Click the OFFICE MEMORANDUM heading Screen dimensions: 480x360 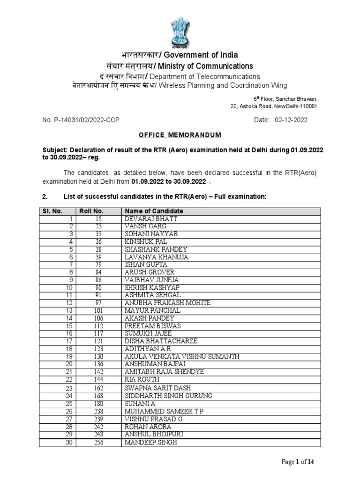click(180, 135)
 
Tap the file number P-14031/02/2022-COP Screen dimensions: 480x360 click(81, 120)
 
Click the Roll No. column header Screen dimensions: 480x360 click(91, 211)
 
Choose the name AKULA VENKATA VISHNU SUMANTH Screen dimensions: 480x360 click(182, 357)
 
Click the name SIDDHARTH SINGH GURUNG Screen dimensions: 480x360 click(168, 396)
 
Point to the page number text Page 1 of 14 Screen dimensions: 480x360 click(298, 462)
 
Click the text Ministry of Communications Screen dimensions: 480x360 click(205, 66)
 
